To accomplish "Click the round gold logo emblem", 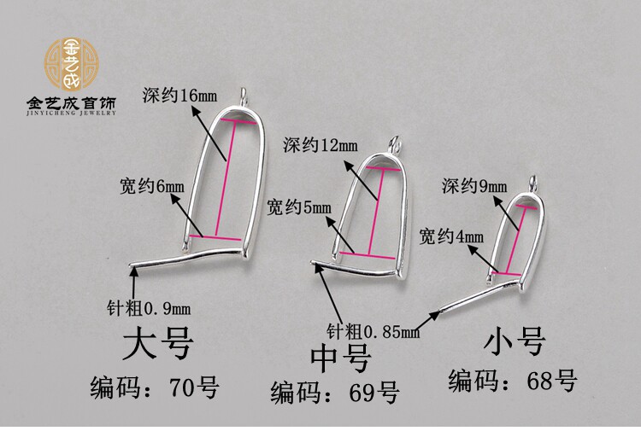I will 71,63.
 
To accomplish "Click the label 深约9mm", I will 474,185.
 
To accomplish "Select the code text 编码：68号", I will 513,381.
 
